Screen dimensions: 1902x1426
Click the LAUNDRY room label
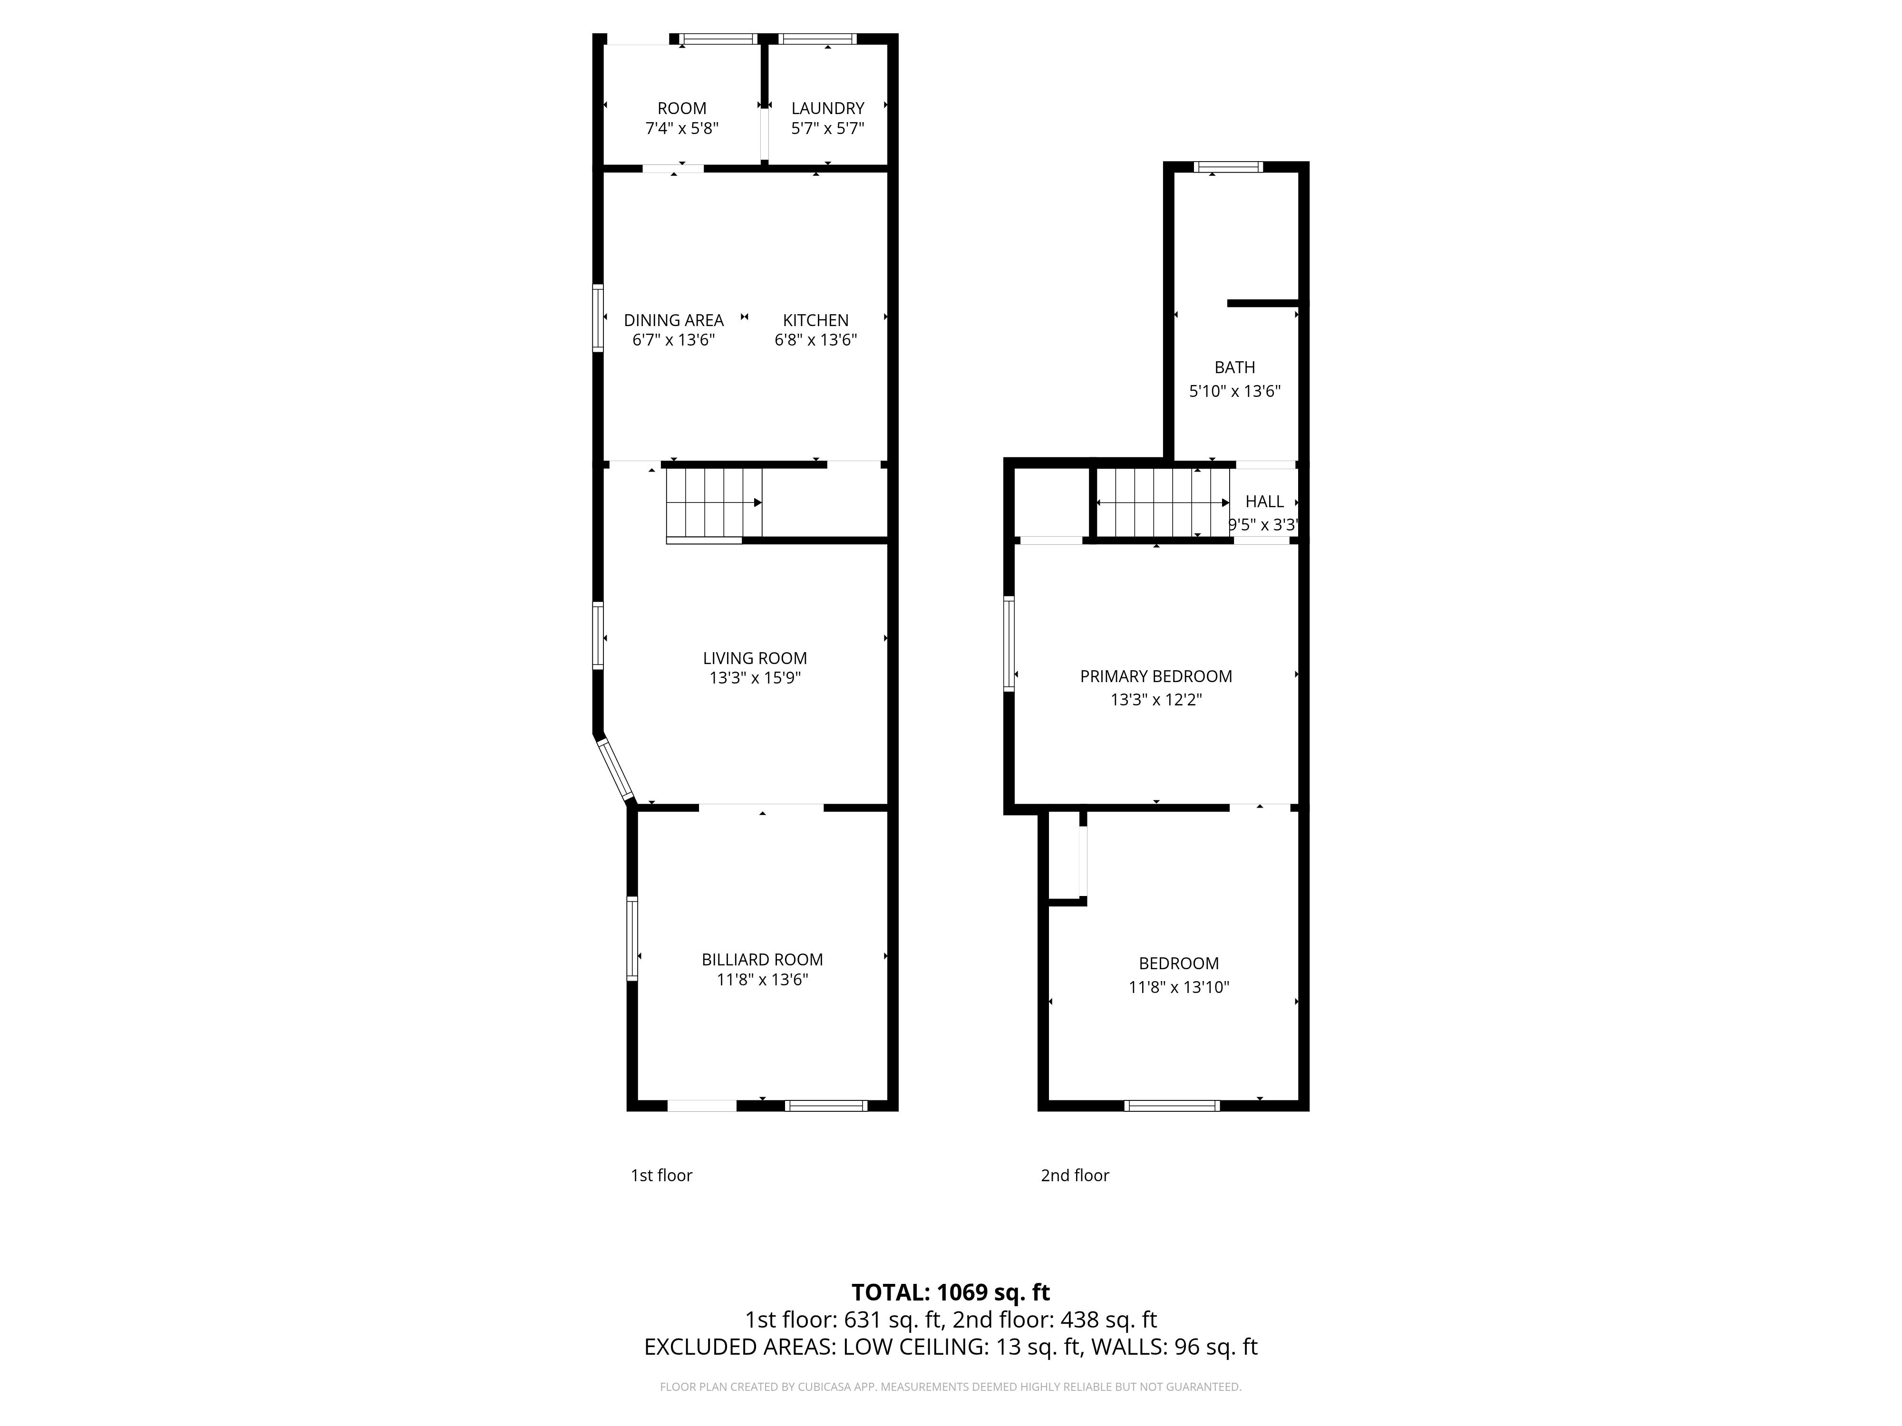point(827,108)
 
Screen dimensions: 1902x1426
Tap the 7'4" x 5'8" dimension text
point(682,128)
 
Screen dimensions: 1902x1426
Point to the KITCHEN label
point(815,320)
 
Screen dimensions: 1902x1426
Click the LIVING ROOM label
point(755,658)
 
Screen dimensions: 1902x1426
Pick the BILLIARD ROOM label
point(762,959)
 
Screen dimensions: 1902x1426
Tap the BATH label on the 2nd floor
point(1235,367)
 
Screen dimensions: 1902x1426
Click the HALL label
point(1264,501)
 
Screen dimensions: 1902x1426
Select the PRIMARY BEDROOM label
point(1155,676)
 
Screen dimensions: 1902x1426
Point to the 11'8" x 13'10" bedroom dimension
point(1179,987)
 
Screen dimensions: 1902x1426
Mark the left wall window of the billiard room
point(632,939)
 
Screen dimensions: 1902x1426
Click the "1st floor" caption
point(661,1175)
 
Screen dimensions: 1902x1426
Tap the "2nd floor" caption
point(1075,1175)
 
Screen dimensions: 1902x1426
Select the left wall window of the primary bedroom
point(1009,644)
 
